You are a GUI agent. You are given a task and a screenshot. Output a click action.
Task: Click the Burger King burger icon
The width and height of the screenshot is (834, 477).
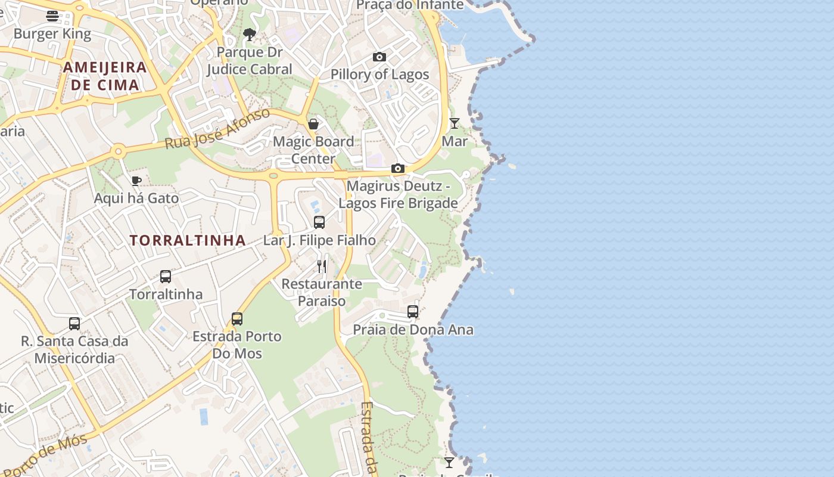click(52, 16)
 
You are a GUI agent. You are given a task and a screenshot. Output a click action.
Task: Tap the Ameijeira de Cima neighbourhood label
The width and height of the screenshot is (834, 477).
click(105, 76)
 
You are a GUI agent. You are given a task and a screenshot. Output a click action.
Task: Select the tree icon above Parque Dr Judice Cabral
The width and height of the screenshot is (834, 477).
click(250, 35)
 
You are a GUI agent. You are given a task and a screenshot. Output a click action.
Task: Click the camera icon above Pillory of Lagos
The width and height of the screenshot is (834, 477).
click(379, 57)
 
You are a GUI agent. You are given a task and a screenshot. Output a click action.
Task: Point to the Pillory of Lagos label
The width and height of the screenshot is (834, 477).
click(379, 75)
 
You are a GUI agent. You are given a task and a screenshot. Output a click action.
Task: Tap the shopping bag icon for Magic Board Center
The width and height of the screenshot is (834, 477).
click(313, 124)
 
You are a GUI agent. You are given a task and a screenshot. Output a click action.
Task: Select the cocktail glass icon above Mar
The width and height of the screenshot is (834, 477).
click(455, 123)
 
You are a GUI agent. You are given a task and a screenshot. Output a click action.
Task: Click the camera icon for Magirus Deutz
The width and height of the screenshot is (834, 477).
click(398, 169)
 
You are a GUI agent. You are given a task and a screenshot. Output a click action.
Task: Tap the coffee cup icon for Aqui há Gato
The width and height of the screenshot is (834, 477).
click(136, 180)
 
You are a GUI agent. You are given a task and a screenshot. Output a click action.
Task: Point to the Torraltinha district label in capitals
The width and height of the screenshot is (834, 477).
click(188, 240)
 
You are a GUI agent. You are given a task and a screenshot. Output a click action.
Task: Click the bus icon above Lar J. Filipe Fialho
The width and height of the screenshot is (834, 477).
click(319, 222)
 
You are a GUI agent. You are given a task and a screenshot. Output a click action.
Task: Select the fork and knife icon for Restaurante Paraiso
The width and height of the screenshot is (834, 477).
click(322, 266)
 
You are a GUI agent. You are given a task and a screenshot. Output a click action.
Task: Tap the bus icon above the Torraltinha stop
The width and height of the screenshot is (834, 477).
click(166, 277)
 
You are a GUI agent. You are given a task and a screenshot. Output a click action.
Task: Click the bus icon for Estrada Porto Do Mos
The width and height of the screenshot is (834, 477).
click(237, 319)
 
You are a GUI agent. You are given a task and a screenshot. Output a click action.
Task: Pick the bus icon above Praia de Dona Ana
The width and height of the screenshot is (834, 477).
click(413, 312)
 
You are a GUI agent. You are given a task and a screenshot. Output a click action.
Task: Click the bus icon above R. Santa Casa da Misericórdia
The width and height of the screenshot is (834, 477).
click(74, 324)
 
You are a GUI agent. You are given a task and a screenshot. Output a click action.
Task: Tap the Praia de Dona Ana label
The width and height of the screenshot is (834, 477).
click(413, 330)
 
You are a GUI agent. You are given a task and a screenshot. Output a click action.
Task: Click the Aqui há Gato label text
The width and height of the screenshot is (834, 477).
click(136, 198)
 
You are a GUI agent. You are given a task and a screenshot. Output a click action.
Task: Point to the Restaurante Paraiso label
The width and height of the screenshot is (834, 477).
click(322, 292)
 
